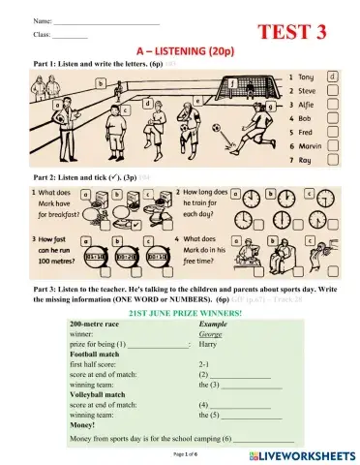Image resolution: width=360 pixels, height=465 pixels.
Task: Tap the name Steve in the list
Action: pos(309,90)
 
